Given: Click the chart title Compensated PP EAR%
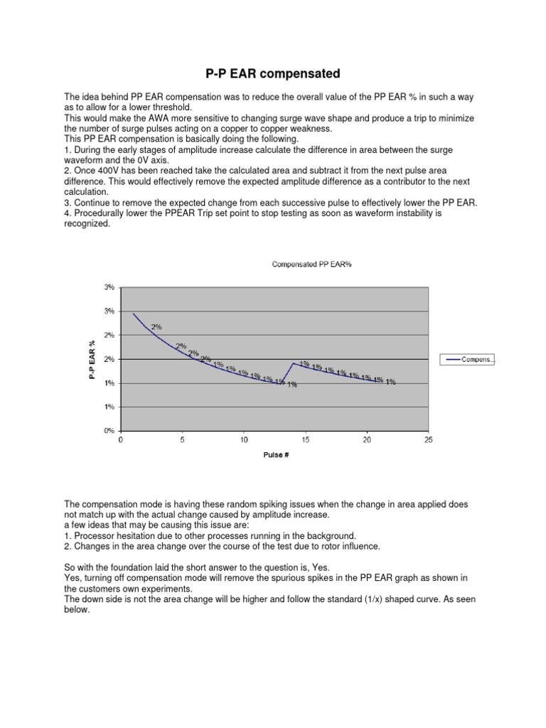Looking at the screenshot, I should [312, 264].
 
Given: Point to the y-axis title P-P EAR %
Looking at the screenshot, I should [92, 359].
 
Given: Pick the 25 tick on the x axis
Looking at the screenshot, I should [428, 440].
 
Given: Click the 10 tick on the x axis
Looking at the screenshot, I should [244, 440].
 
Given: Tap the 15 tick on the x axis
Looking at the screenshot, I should [305, 440].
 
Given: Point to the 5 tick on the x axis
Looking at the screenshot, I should [183, 440].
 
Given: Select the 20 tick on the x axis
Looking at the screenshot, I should [367, 440].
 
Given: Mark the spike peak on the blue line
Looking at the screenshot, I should [293, 363].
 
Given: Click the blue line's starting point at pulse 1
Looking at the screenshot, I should [134, 313].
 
